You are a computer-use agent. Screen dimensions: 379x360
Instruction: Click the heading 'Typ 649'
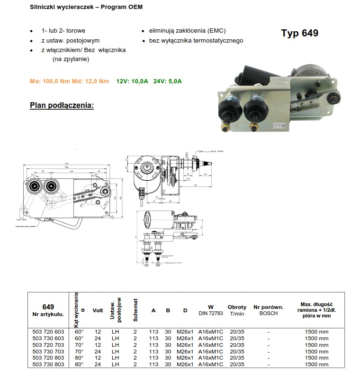pyautogui.click(x=299, y=33)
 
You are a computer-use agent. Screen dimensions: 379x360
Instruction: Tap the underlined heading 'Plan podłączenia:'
pyautogui.click(x=62, y=105)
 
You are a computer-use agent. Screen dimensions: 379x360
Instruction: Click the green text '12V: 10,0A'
pyautogui.click(x=132, y=81)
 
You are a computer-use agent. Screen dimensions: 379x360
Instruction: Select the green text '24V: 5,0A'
pyautogui.click(x=167, y=81)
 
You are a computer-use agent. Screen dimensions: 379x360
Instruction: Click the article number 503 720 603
pyautogui.click(x=48, y=332)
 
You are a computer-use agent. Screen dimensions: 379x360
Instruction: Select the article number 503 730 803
pyautogui.click(x=48, y=365)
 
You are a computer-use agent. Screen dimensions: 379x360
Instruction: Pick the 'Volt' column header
pyautogui.click(x=98, y=311)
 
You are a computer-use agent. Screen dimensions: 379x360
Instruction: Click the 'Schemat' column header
pyautogui.click(x=135, y=310)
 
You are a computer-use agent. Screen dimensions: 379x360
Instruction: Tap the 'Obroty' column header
pyautogui.click(x=237, y=307)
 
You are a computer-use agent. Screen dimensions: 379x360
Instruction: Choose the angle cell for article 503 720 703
pyautogui.click(x=79, y=345)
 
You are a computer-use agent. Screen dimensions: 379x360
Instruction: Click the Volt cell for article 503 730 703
pyautogui.click(x=98, y=352)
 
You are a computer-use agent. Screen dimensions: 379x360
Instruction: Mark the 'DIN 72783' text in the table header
pyautogui.click(x=211, y=313)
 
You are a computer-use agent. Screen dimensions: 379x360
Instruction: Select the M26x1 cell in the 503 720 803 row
pyautogui.click(x=185, y=358)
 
